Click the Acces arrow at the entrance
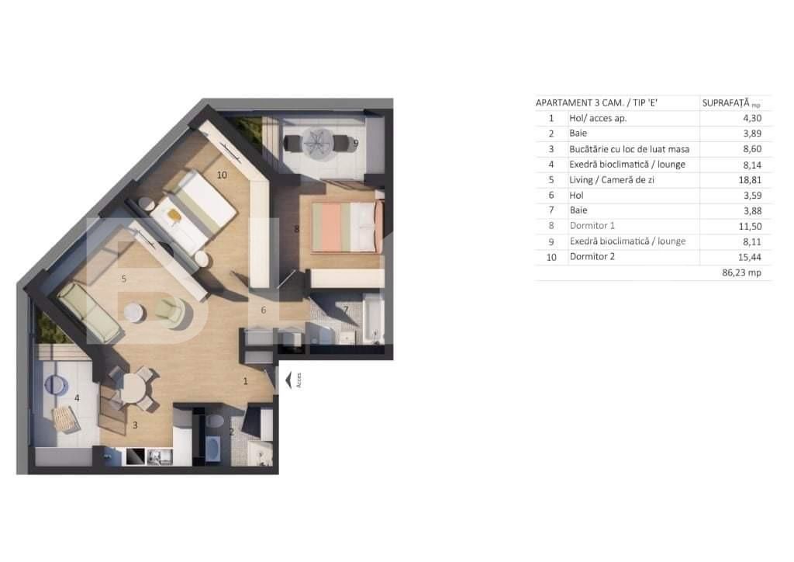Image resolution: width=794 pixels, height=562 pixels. [x=288, y=380]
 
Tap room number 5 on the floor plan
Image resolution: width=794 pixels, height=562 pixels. [x=123, y=276]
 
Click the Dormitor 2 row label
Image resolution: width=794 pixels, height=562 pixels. [x=592, y=256]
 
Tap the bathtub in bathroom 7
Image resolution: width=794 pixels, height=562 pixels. [x=373, y=320]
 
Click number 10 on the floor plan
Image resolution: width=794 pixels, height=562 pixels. [x=222, y=175]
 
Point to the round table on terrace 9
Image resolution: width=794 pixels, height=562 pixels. [x=316, y=143]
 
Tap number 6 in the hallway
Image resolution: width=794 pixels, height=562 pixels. [x=263, y=310]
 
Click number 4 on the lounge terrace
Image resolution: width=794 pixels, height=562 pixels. [x=77, y=398]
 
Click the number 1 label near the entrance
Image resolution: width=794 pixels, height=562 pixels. [x=245, y=381]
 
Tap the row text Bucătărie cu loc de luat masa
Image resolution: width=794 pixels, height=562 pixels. [x=629, y=149]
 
